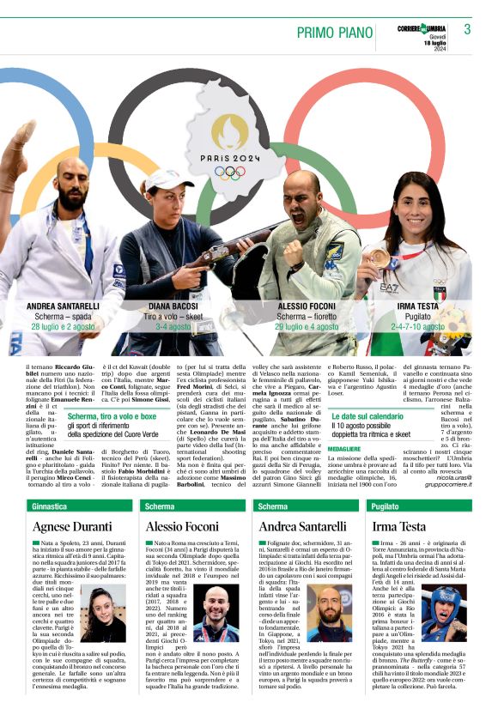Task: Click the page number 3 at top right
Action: pyautogui.click(x=467, y=29)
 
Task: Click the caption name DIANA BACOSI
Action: pyautogui.click(x=173, y=306)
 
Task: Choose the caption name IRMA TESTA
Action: pyautogui.click(x=420, y=306)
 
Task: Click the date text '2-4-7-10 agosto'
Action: pyautogui.click(x=420, y=327)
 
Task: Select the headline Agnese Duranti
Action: pyautogui.click(x=72, y=525)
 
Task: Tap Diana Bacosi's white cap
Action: pyautogui.click(x=168, y=180)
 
